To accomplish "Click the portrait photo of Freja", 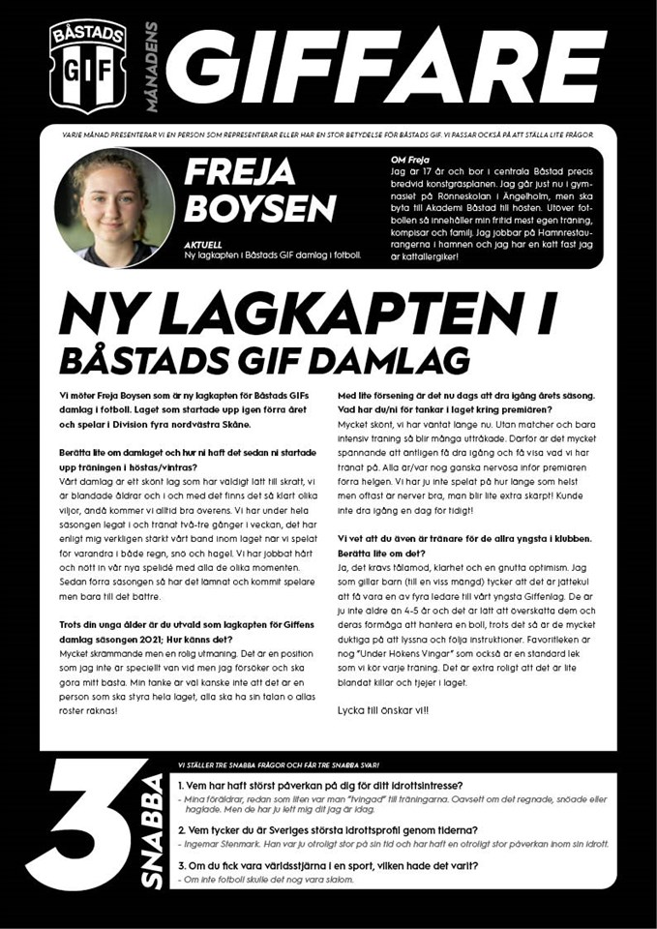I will click(x=115, y=207).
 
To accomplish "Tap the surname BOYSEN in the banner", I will click(x=260, y=207).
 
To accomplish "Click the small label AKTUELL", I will click(x=202, y=245).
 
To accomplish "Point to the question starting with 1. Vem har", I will click(x=320, y=784).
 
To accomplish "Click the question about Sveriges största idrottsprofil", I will click(x=328, y=829).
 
